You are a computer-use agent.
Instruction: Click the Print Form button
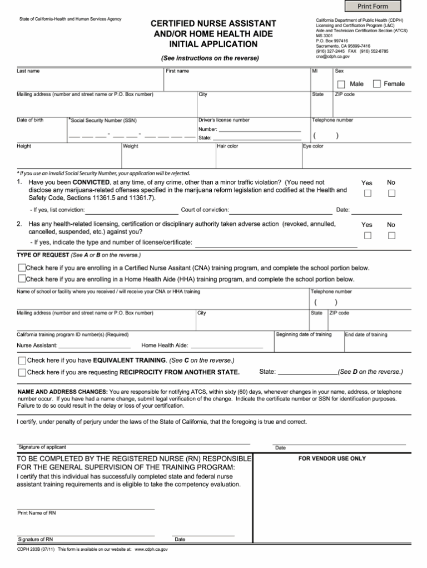[x=373, y=6]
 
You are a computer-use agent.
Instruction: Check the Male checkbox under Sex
[x=341, y=84]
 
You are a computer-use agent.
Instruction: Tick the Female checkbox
[x=377, y=84]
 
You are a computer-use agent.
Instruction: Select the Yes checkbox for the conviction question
[x=368, y=194]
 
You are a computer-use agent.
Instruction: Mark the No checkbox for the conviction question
[x=391, y=194]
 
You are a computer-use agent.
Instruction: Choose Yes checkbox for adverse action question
[x=368, y=235]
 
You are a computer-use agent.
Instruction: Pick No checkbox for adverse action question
[x=391, y=235]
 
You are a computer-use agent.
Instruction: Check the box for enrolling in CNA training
[x=22, y=268]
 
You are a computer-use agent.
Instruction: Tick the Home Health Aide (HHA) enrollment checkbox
[x=22, y=279]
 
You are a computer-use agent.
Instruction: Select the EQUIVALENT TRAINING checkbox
[x=22, y=360]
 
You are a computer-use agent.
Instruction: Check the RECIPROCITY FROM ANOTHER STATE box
[x=22, y=372]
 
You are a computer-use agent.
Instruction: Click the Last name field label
[x=28, y=71]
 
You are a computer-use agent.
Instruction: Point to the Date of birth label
[x=30, y=120]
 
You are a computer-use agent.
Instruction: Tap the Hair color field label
[x=227, y=146]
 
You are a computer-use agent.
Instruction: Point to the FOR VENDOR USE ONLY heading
[x=332, y=459]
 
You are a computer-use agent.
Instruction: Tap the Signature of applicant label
[x=42, y=447]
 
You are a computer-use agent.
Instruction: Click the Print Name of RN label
[x=37, y=513]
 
